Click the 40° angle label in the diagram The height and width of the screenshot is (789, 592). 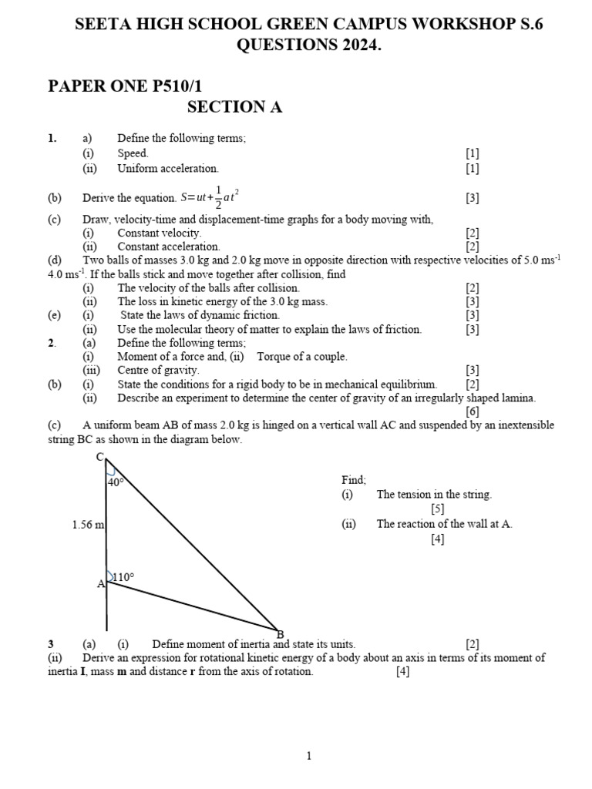click(116, 482)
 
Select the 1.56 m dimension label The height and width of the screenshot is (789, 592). click(88, 525)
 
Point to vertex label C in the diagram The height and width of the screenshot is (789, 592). click(99, 457)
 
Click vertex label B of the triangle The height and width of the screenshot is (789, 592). click(280, 634)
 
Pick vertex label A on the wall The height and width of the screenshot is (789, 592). click(100, 584)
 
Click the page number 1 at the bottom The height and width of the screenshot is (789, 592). click(308, 756)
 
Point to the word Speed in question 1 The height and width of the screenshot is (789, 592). click(133, 153)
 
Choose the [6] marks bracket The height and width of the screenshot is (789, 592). click(473, 411)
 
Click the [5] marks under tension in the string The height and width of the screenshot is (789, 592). click(438, 509)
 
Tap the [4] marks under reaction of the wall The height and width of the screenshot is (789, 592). click(438, 539)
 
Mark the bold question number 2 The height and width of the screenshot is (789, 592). click(51, 342)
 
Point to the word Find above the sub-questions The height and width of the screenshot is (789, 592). click(354, 479)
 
